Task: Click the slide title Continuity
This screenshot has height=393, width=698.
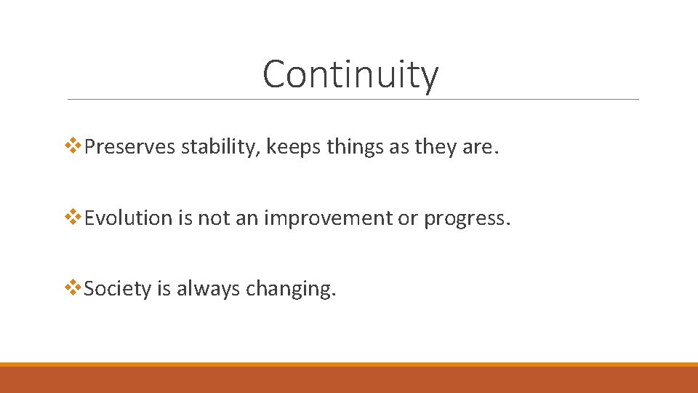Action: pyautogui.click(x=350, y=74)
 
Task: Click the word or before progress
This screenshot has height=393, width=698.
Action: pyautogui.click(x=407, y=218)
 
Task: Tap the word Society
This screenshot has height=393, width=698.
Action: pyautogui.click(x=117, y=289)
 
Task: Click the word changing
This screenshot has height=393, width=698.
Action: pyautogui.click(x=291, y=289)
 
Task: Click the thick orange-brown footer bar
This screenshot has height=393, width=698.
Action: pyautogui.click(x=349, y=379)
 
